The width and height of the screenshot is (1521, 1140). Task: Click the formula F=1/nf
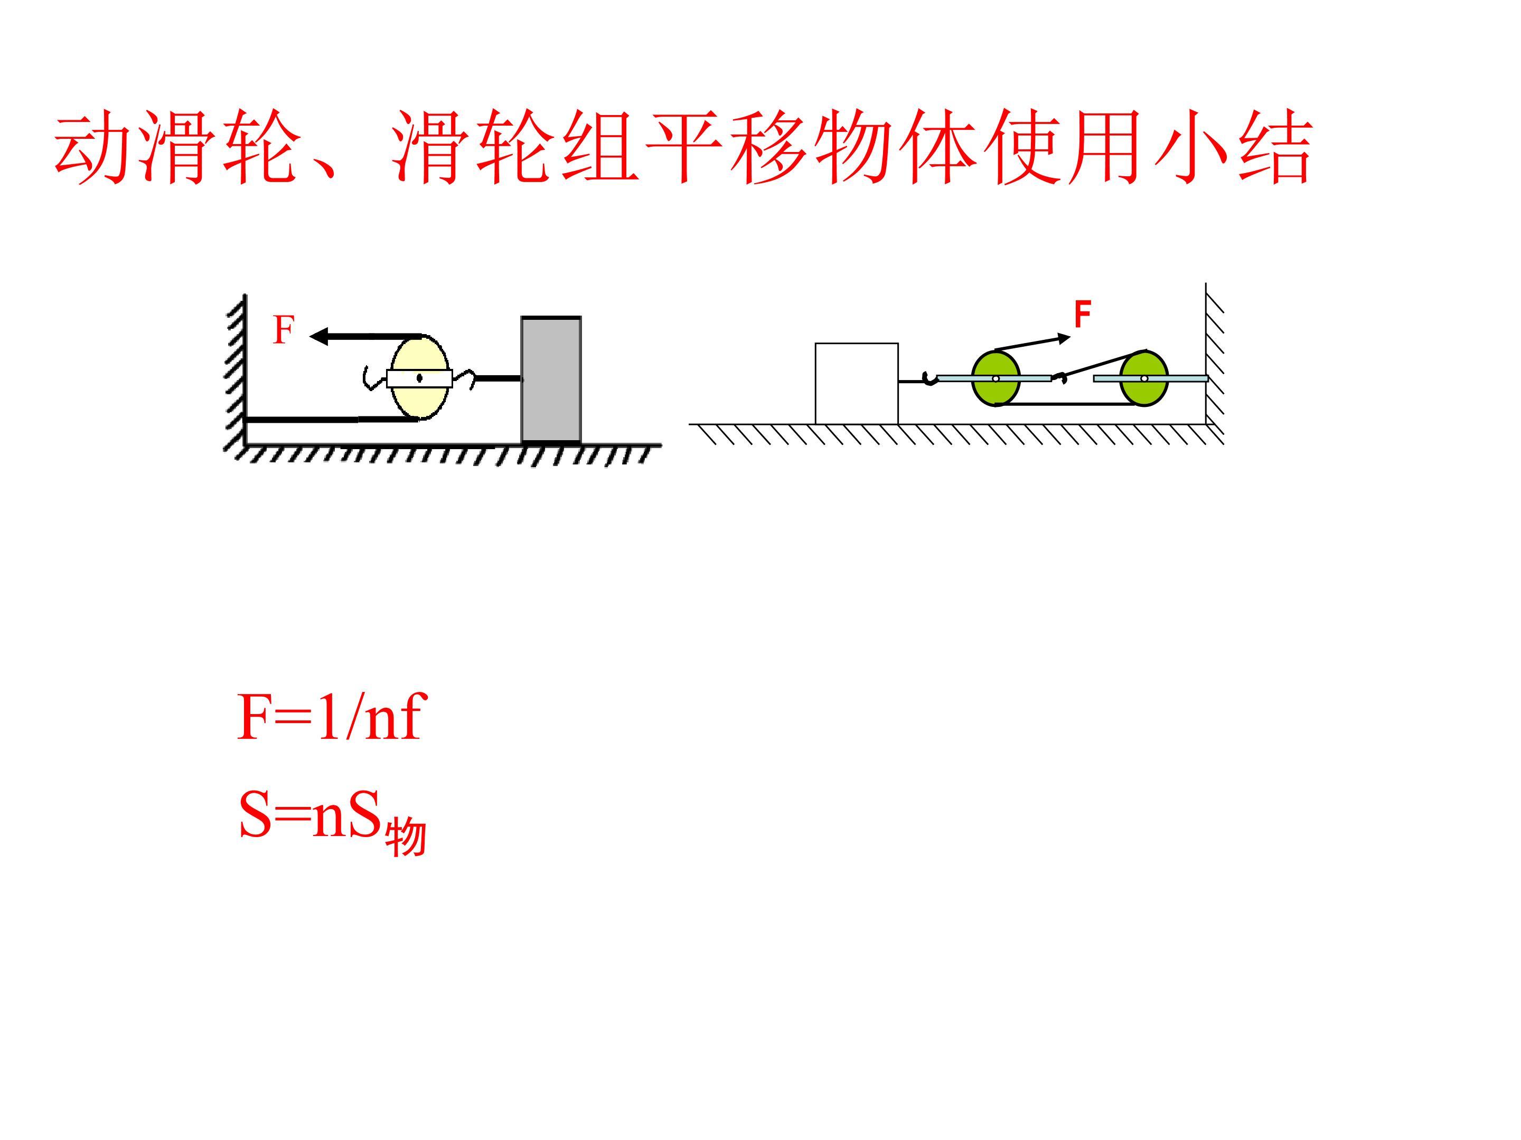point(332,717)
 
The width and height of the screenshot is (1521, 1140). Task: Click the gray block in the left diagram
point(551,379)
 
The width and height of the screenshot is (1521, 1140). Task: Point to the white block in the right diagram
point(856,384)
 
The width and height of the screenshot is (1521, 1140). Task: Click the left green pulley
point(996,378)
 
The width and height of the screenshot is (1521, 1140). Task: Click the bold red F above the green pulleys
point(1082,315)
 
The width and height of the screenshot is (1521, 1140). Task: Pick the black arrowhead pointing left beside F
point(320,336)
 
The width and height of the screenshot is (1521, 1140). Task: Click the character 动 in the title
point(92,148)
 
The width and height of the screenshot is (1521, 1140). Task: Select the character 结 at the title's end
point(1275,148)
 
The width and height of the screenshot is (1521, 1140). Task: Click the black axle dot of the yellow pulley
point(419,377)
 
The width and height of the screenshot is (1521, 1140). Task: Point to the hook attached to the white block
point(929,378)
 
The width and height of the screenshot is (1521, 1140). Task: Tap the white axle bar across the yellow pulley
point(419,378)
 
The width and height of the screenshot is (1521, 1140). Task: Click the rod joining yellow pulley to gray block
point(499,378)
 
